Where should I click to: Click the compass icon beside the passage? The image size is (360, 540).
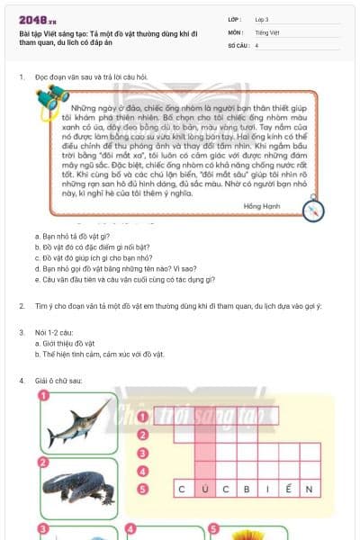coord(313,209)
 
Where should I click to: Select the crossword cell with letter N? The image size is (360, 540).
coord(310,489)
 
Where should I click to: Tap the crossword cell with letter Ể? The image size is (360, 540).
coord(288,489)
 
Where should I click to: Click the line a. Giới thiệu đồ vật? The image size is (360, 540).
coord(63,345)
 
